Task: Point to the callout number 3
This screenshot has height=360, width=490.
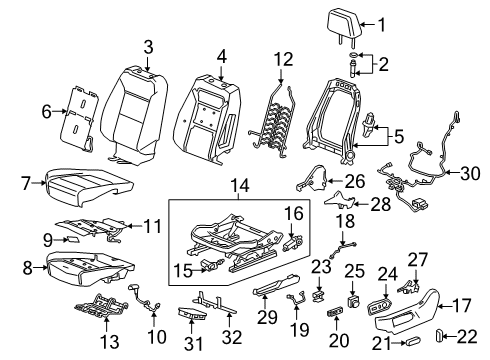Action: pyautogui.click(x=148, y=46)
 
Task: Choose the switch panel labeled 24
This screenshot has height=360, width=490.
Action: pyautogui.click(x=384, y=303)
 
